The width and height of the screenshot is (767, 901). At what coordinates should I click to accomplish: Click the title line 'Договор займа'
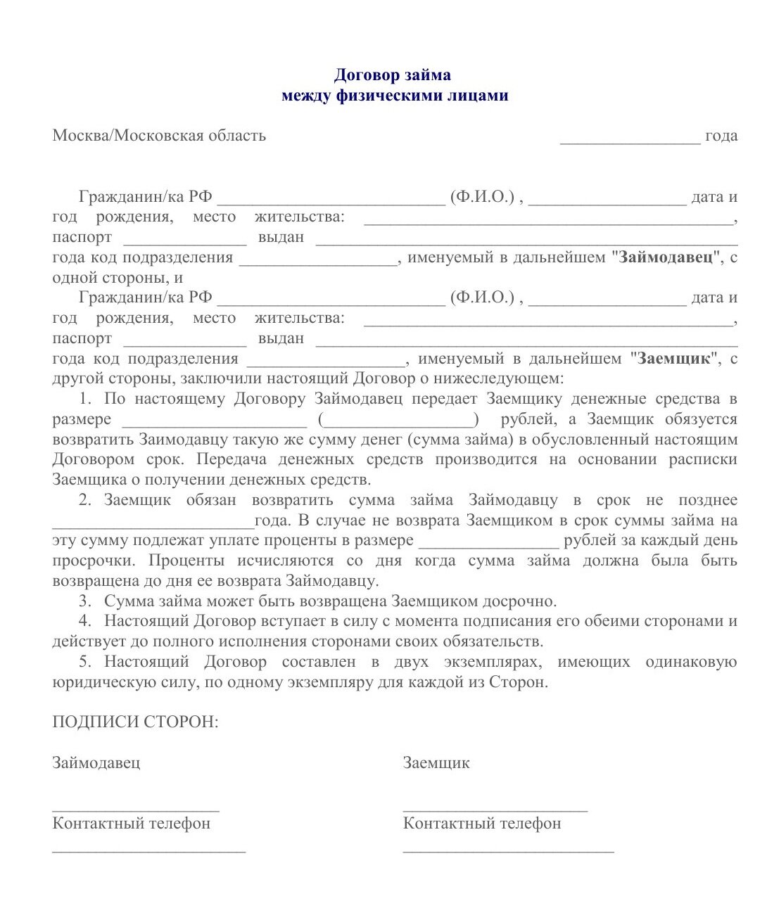pyautogui.click(x=392, y=75)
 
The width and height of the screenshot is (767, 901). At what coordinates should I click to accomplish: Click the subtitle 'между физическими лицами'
pyautogui.click(x=394, y=95)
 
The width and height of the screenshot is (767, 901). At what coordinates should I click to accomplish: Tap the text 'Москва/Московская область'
pyautogui.click(x=159, y=135)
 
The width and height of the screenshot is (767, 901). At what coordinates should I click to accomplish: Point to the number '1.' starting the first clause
pyautogui.click(x=86, y=400)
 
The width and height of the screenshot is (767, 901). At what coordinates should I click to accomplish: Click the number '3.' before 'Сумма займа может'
pyautogui.click(x=86, y=601)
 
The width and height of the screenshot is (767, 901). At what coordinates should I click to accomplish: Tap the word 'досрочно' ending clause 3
pyautogui.click(x=519, y=601)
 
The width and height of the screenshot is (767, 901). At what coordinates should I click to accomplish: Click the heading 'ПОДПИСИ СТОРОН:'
pyautogui.click(x=135, y=722)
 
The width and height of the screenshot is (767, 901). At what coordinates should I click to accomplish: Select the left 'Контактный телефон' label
pyautogui.click(x=131, y=824)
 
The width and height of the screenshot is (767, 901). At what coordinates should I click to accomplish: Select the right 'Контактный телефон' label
pyautogui.click(x=482, y=824)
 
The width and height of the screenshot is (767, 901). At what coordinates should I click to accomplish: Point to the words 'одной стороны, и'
pyautogui.click(x=118, y=278)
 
